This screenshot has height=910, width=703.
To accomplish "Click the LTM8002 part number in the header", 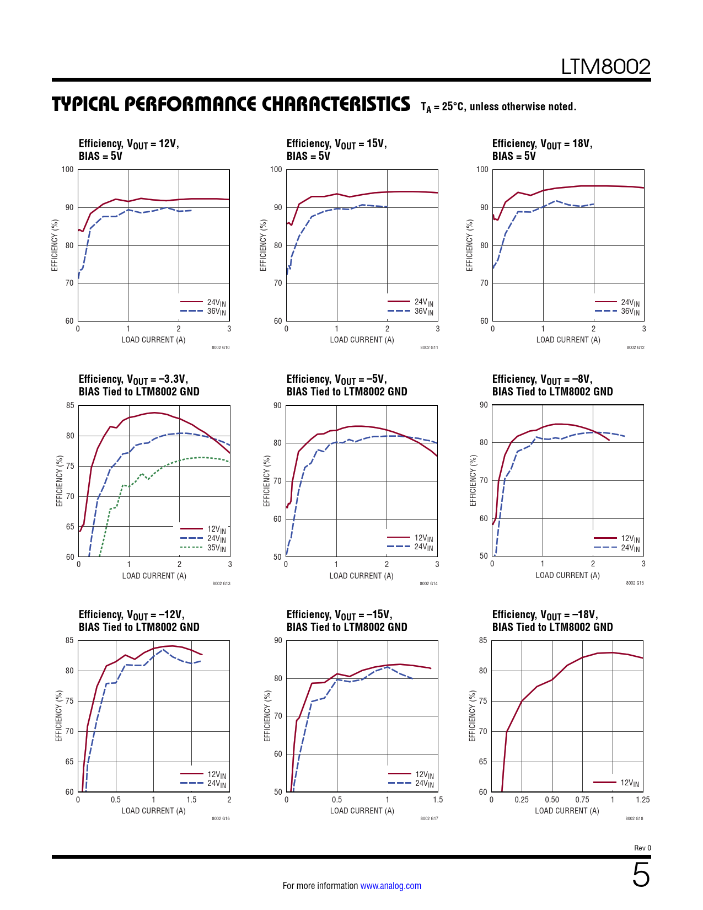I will (605, 67).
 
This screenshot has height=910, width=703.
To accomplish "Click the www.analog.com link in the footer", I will (390, 886).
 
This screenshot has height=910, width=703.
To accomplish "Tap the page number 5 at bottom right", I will (641, 875).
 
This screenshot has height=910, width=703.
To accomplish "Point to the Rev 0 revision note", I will (642, 848).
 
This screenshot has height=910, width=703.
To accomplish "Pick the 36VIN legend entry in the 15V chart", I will (423, 311).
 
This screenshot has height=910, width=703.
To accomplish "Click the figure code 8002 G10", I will (221, 347).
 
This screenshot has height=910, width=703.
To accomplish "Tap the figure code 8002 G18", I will (634, 818).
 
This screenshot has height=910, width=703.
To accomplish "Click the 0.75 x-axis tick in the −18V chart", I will (582, 800).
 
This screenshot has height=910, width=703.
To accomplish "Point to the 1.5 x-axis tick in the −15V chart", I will (437, 800).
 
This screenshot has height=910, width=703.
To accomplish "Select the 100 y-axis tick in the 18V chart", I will (482, 169).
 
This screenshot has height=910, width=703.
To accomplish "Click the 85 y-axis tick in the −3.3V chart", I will (70, 405).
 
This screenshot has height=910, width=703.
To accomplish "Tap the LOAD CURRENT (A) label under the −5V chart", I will (361, 576).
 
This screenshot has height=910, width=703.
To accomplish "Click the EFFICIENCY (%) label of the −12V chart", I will (58, 716).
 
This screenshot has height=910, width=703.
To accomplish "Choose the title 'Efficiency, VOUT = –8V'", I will (542, 379).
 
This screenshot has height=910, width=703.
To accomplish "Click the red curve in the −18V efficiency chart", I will (551, 680).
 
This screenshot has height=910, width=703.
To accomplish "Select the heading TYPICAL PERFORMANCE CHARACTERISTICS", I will (231, 104).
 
